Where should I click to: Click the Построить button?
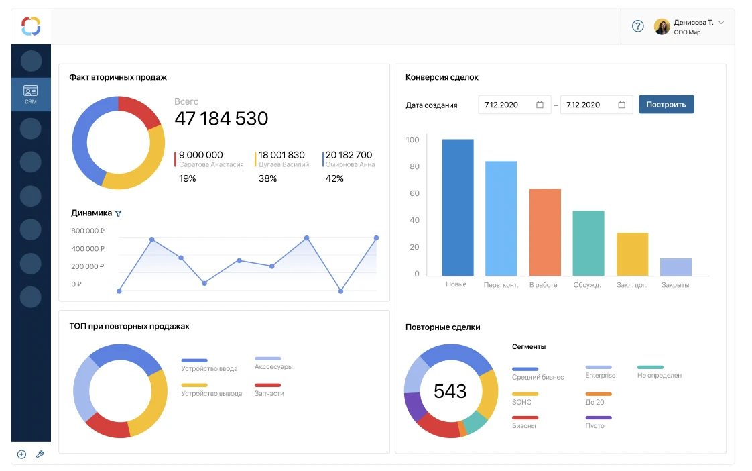pyautogui.click(x=666, y=105)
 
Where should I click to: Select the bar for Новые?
pyautogui.click(x=458, y=207)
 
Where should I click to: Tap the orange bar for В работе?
pyautogui.click(x=545, y=232)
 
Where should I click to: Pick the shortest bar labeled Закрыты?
pyautogui.click(x=676, y=267)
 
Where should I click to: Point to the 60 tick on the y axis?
pyautogui.click(x=414, y=193)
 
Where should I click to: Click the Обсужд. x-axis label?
pyautogui.click(x=587, y=285)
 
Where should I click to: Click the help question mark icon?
pyautogui.click(x=638, y=26)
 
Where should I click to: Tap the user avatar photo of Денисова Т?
pyautogui.click(x=662, y=26)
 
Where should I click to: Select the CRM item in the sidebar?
pyautogui.click(x=31, y=94)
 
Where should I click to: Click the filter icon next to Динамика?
pyautogui.click(x=119, y=213)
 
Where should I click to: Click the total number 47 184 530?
pyautogui.click(x=221, y=119)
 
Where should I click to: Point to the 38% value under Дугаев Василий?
pyautogui.click(x=267, y=178)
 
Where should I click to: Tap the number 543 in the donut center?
pyautogui.click(x=450, y=391)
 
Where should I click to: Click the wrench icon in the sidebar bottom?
pyautogui.click(x=40, y=454)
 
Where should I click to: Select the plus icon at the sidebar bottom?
pyautogui.click(x=21, y=454)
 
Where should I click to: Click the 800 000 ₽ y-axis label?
pyautogui.click(x=88, y=231)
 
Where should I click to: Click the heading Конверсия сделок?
pyautogui.click(x=442, y=77)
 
